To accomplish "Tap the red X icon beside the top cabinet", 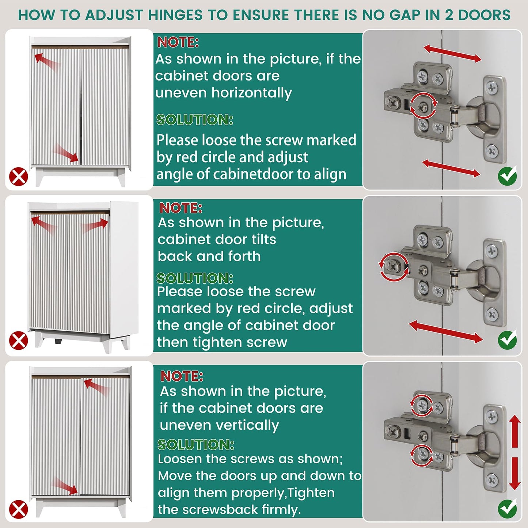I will [x=18, y=177].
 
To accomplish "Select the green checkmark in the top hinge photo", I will [x=507, y=176].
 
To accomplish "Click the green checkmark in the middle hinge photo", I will [x=507, y=340].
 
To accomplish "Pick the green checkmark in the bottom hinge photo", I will [x=507, y=509].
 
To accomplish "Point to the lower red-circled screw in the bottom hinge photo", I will [x=422, y=454].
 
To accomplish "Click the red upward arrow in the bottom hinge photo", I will [x=515, y=431].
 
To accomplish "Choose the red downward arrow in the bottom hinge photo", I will [x=515, y=473].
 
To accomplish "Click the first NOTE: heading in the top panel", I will [x=178, y=42].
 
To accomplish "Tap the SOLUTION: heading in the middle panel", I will [x=195, y=278].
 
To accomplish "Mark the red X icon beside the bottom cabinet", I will [x=18, y=509].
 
